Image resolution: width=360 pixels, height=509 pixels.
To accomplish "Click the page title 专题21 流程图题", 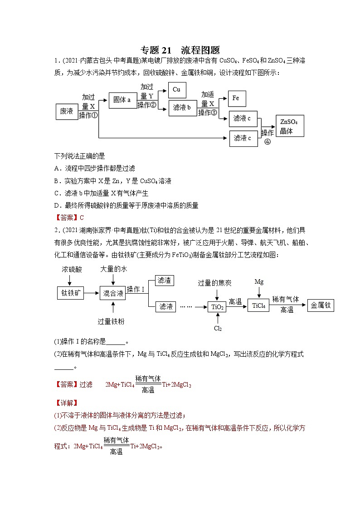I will click(x=180, y=50).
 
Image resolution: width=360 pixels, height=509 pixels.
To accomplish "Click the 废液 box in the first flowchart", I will click(x=67, y=111).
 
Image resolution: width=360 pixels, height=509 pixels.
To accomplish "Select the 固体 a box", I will click(x=122, y=100).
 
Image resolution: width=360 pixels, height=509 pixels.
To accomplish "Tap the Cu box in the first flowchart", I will click(x=176, y=90).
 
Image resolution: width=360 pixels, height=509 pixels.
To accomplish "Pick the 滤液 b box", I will click(x=182, y=109).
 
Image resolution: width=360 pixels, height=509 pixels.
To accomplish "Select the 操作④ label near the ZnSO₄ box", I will click(x=268, y=137).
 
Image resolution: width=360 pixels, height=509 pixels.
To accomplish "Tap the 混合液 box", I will click(x=113, y=293).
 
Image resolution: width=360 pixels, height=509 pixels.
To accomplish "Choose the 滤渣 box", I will click(x=164, y=281).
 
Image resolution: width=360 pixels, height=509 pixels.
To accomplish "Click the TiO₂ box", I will click(x=217, y=307).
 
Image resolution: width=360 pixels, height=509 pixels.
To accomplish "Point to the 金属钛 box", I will click(x=320, y=305).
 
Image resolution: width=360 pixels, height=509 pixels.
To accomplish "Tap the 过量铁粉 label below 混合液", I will click(x=111, y=321).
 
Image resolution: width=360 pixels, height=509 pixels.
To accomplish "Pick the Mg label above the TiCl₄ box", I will click(x=259, y=282).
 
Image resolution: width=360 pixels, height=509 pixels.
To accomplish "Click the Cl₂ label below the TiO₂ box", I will click(x=218, y=328).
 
